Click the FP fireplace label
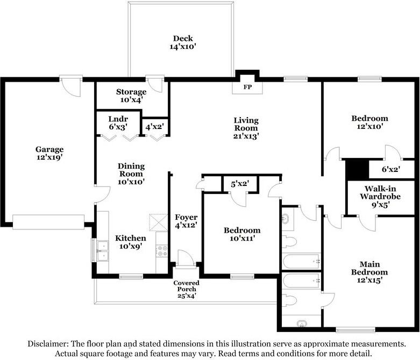[x=247, y=87]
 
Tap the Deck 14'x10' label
[x=183, y=42]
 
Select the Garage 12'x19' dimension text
[x=49, y=157]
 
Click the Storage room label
[x=131, y=92]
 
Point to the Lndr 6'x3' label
[x=118, y=123]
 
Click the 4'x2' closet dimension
[x=155, y=126]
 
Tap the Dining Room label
[x=131, y=170]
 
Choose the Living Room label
[x=246, y=124]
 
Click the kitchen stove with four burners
[x=161, y=251]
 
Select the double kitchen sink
[x=103, y=251]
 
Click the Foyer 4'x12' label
[x=186, y=221]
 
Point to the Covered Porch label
[x=187, y=286]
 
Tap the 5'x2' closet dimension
[x=240, y=184]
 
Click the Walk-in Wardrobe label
[x=380, y=192]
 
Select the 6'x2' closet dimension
[x=391, y=169]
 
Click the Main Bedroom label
[x=369, y=268]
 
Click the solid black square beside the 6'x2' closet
[x=357, y=169]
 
